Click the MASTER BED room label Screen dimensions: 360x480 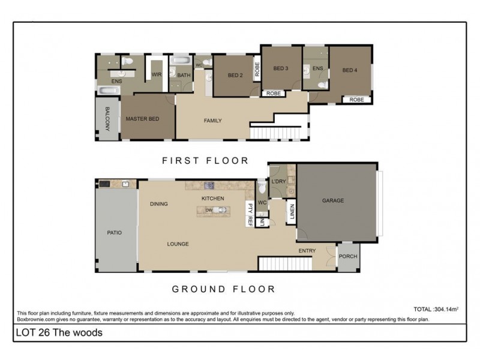pos(142,119)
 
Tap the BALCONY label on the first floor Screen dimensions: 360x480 pos(107,119)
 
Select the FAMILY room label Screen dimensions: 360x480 pos(212,121)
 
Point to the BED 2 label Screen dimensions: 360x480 pos(235,76)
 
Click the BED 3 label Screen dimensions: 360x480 pos(281,68)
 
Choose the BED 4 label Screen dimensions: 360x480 pos(350,70)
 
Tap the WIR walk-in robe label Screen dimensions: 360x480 pos(157,74)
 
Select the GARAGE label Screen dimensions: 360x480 pos(333,200)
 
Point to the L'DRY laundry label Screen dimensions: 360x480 pos(278,181)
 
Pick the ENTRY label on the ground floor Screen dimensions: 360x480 pos(307,251)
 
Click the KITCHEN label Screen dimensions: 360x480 pos(212,198)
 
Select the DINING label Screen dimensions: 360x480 pos(159,204)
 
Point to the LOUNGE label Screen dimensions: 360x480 pos(178,244)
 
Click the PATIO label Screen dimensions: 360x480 pos(115,232)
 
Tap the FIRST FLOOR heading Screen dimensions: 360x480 pos(205,160)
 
